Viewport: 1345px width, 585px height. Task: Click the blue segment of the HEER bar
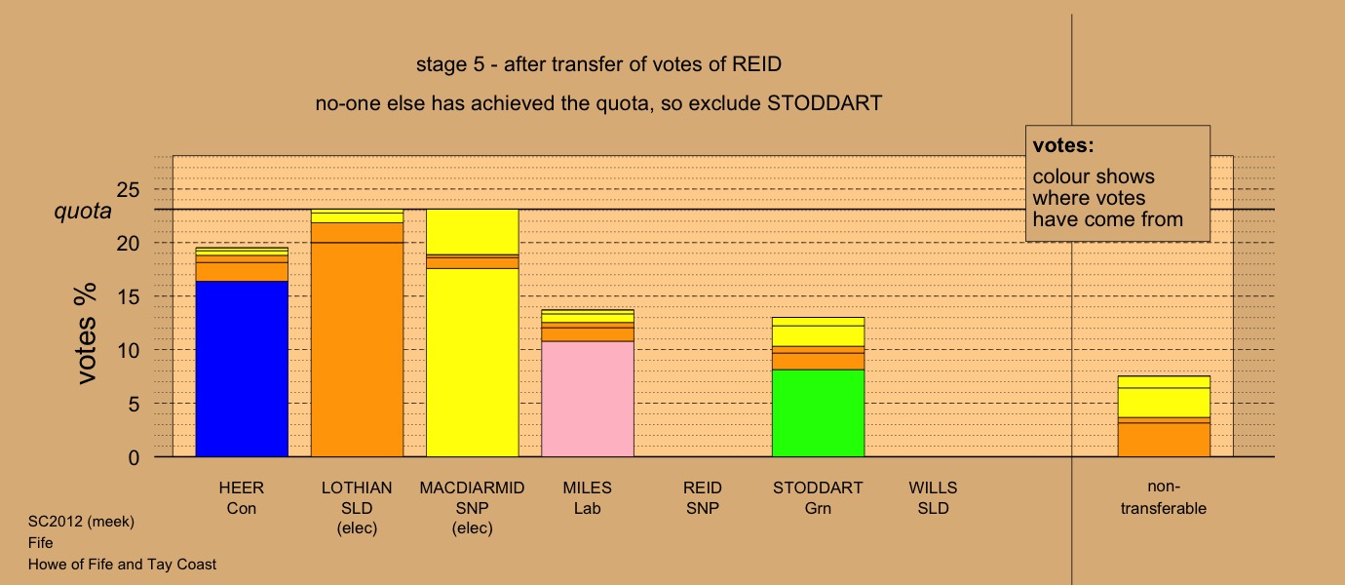click(x=242, y=369)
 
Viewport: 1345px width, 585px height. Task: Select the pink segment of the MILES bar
click(x=588, y=399)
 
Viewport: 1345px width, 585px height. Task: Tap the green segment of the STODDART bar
click(x=818, y=413)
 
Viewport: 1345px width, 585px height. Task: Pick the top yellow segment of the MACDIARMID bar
click(x=472, y=232)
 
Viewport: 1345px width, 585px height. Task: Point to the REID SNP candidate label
click(x=703, y=498)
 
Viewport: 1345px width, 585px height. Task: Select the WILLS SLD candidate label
click(x=933, y=498)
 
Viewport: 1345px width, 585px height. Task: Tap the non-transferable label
click(x=1163, y=497)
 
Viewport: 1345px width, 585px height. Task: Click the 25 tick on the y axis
click(x=128, y=190)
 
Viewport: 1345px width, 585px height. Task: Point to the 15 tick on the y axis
click(x=128, y=296)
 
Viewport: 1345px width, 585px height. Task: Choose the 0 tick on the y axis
click(x=134, y=457)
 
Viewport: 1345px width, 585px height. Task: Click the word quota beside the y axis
click(x=83, y=211)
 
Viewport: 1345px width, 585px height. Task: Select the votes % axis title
click(x=87, y=333)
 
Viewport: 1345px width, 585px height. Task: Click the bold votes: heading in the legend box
click(x=1063, y=145)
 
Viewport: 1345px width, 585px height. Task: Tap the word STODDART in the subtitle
click(x=825, y=103)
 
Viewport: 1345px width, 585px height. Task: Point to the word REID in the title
click(x=756, y=64)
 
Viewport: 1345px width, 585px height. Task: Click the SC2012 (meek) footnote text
click(x=81, y=522)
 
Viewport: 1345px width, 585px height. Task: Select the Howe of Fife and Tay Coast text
click(x=122, y=565)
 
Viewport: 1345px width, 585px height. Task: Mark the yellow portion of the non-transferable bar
click(x=1164, y=397)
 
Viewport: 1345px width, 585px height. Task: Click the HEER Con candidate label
click(x=242, y=498)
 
